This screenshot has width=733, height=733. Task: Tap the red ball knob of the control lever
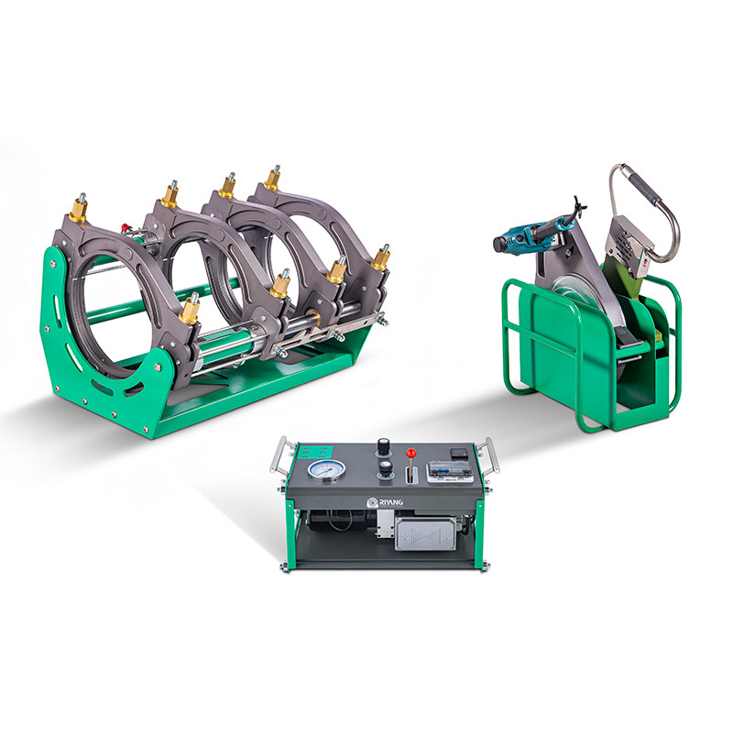click(x=412, y=453)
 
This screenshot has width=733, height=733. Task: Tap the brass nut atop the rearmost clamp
click(x=272, y=178)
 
